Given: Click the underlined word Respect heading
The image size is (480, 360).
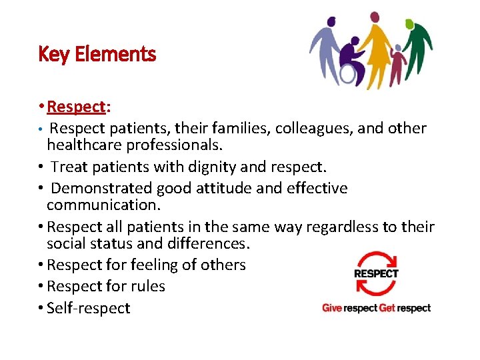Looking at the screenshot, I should click(77, 107).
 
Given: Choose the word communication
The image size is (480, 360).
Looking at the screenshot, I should click(99, 205).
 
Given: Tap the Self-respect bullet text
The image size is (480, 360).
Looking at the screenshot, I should click(89, 309).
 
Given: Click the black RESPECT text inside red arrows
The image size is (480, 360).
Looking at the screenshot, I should click(376, 273).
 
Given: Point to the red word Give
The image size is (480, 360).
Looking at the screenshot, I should click(332, 308).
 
